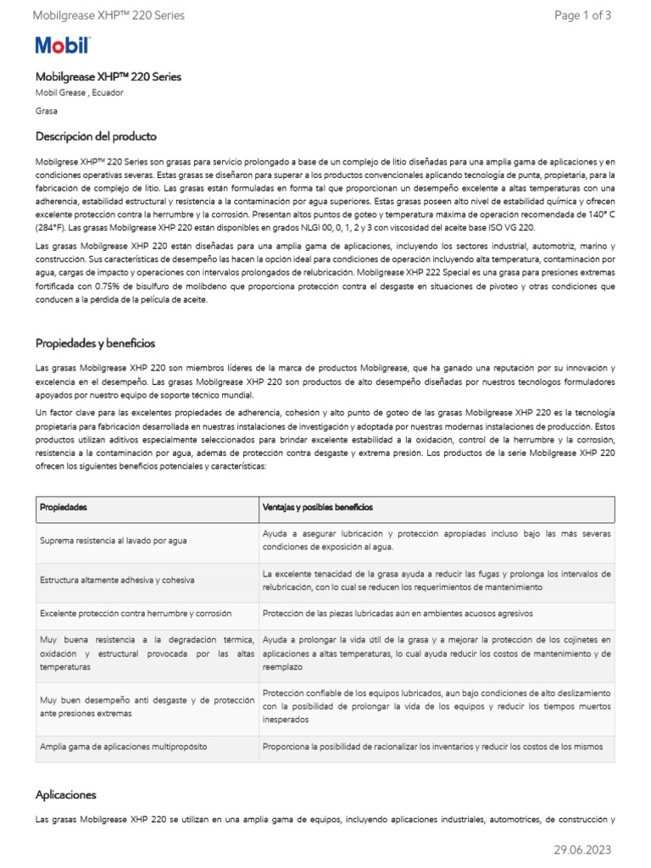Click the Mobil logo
click(62, 46)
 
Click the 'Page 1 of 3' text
click(582, 15)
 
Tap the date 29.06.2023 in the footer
click(582, 849)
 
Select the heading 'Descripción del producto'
click(96, 136)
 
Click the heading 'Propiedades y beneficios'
click(95, 343)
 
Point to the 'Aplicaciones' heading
click(66, 795)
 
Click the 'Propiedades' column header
click(64, 507)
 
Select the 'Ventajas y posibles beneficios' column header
click(317, 507)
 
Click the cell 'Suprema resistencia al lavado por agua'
click(114, 541)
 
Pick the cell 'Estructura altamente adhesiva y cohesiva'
click(117, 580)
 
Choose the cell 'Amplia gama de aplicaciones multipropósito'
click(123, 747)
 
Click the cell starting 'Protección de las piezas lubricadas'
click(397, 614)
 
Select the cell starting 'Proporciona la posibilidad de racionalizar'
click(432, 747)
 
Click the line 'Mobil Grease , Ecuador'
click(79, 92)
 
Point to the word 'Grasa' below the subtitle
click(47, 111)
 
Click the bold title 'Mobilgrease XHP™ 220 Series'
click(108, 76)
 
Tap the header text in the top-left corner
click(108, 15)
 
